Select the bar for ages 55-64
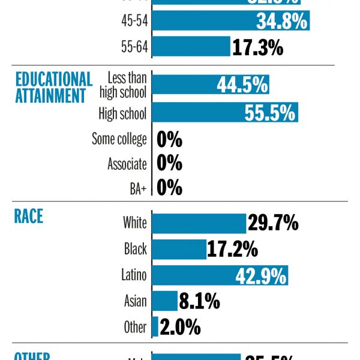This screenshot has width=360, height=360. pos(191,47)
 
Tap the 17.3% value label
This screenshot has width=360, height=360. pos(257,47)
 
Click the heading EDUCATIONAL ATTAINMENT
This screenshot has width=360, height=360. pos(54,88)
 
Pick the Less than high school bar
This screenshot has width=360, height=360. pos(211,85)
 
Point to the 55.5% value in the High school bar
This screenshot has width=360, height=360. pos(270,113)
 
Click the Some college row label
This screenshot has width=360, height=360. pos(119,139)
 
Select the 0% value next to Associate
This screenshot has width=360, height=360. pos(169,163)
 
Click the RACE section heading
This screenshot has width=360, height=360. pos(29,216)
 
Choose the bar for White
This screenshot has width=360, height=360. pos(199,223)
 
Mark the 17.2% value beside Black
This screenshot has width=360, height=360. pos(232,248)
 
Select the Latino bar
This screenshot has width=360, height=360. pos(220,275)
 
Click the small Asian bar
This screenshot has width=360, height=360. pos(165,301)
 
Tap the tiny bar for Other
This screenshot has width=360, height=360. pos(155,326)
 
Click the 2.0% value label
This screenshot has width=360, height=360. pos(180,327)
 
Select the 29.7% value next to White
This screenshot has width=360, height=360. pos(273,223)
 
